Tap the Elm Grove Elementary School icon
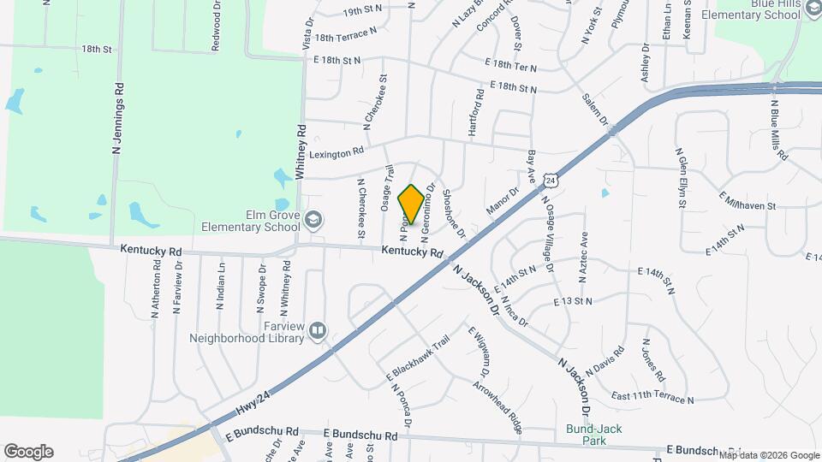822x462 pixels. tap(314, 221)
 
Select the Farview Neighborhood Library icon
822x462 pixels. tap(317, 329)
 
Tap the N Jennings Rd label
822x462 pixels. tap(119, 118)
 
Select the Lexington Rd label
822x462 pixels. tap(337, 151)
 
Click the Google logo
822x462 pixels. tap(28, 452)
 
